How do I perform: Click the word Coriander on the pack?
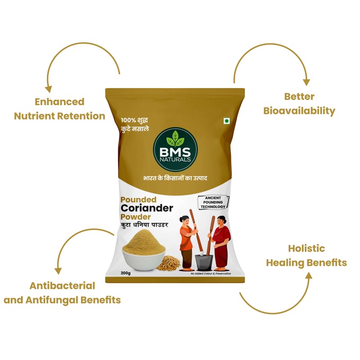tap(146, 208)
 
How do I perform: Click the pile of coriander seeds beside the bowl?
tap(168, 263)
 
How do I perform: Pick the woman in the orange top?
tap(187, 238)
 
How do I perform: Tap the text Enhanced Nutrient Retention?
tap(59, 109)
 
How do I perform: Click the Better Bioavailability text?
tap(299, 103)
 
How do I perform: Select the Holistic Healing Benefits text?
tap(306, 255)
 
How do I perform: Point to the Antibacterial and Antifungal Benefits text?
tap(62, 292)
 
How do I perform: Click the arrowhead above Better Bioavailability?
tap(306, 82)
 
